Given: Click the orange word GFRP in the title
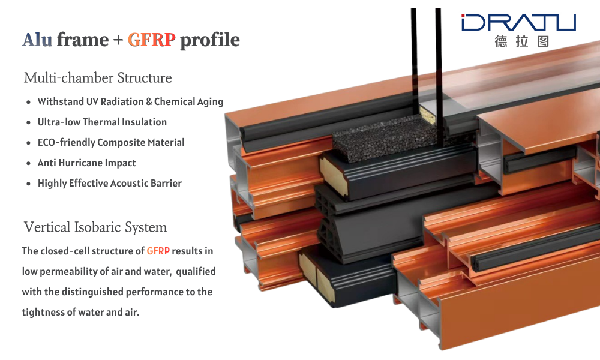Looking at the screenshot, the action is coord(152,40).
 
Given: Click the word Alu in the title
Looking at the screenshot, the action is coord(37,40).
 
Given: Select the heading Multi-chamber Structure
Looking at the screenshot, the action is coord(98,77).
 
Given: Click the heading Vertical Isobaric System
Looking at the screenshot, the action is coord(95,227).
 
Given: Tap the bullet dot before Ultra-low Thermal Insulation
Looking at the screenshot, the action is coord(28,123).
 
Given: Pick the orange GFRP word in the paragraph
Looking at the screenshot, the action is coord(158,251).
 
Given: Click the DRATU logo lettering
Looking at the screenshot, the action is coord(519,22).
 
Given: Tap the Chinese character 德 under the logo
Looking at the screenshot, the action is coord(501,41).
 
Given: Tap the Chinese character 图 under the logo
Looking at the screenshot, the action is coord(543,41).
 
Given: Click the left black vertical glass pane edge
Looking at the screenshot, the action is coord(413,61).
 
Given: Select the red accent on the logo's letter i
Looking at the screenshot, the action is coord(463,16).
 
